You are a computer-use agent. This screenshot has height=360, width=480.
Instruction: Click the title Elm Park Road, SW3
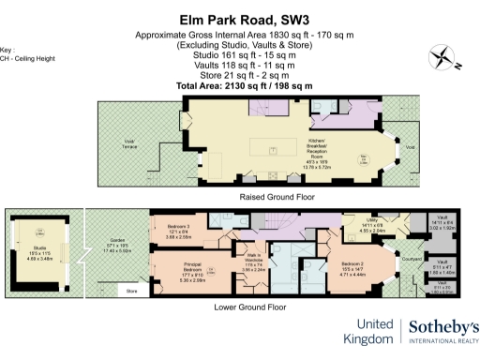coord(239,19)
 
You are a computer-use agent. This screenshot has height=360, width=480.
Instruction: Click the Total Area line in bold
coord(239,86)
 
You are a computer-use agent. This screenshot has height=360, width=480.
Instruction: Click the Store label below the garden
coord(130,292)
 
